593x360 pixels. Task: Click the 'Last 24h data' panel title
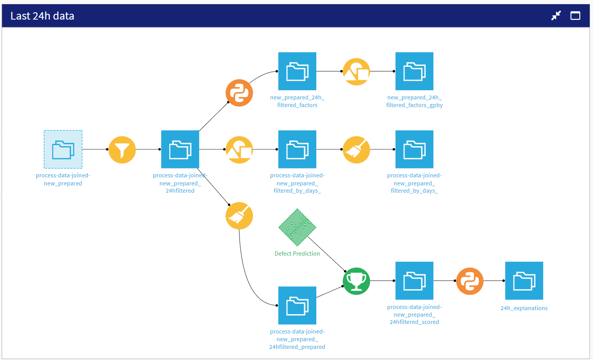[x=42, y=16]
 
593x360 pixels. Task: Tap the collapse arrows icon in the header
[x=556, y=16]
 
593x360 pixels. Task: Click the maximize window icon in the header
[x=575, y=16]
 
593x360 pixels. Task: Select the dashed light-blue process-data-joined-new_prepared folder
[x=63, y=149]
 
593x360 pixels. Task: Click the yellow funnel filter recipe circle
[x=122, y=150]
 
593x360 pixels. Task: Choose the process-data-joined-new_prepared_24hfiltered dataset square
[x=180, y=149]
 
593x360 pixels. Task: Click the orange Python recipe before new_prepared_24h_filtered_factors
[x=239, y=93]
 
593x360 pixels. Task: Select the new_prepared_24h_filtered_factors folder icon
[x=297, y=71]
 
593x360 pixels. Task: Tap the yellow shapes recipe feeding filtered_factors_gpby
[x=356, y=72]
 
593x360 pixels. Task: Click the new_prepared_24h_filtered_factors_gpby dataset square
[x=414, y=71]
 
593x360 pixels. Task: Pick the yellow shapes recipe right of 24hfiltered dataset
[x=239, y=150]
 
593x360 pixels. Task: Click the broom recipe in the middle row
[x=356, y=150]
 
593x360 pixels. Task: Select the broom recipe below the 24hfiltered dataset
[x=239, y=216]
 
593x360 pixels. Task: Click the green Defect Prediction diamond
[x=297, y=227]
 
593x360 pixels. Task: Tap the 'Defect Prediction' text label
[x=297, y=254]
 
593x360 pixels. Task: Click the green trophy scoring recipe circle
[x=356, y=281]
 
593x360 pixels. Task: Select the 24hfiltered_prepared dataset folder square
[x=297, y=306]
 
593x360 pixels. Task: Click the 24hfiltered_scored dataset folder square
[x=414, y=281]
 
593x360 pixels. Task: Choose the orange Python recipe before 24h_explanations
[x=470, y=281]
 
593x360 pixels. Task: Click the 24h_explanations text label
[x=524, y=308]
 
